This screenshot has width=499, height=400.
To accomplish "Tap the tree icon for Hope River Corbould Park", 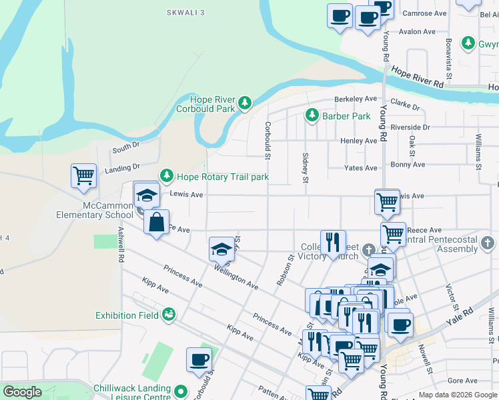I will (x=246, y=103).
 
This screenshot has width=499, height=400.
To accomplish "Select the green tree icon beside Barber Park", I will (x=312, y=115).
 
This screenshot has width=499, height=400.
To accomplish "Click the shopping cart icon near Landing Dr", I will (x=84, y=176).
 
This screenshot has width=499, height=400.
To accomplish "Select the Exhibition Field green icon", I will (x=169, y=314).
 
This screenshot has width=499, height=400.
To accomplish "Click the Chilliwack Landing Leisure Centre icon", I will (x=181, y=390).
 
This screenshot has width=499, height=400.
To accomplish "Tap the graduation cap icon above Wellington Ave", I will (x=222, y=249).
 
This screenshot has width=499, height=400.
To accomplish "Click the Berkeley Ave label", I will (x=352, y=99).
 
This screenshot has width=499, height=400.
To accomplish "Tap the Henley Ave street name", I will (x=359, y=141).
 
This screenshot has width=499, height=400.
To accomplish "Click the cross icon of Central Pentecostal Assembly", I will (x=488, y=242).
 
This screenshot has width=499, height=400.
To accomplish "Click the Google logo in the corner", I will (x=21, y=392).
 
